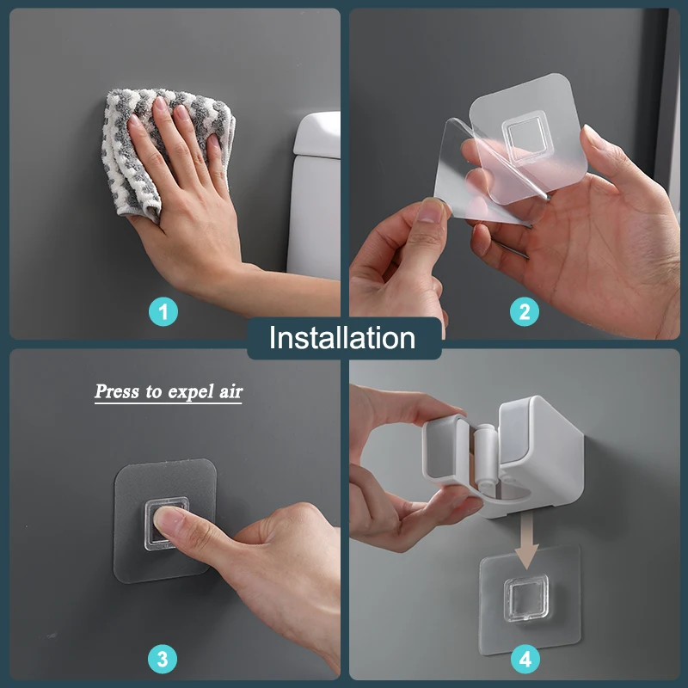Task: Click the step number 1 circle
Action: point(163,312)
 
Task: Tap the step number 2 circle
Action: point(525,312)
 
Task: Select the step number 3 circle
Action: point(163,659)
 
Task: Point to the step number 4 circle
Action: point(525,659)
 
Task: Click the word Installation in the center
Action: point(342,338)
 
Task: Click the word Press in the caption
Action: point(117,390)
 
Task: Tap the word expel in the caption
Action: point(190,391)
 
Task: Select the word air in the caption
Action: point(230,390)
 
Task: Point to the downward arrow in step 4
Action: point(526,541)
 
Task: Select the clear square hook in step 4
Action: point(525,598)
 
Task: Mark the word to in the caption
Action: point(154,391)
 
